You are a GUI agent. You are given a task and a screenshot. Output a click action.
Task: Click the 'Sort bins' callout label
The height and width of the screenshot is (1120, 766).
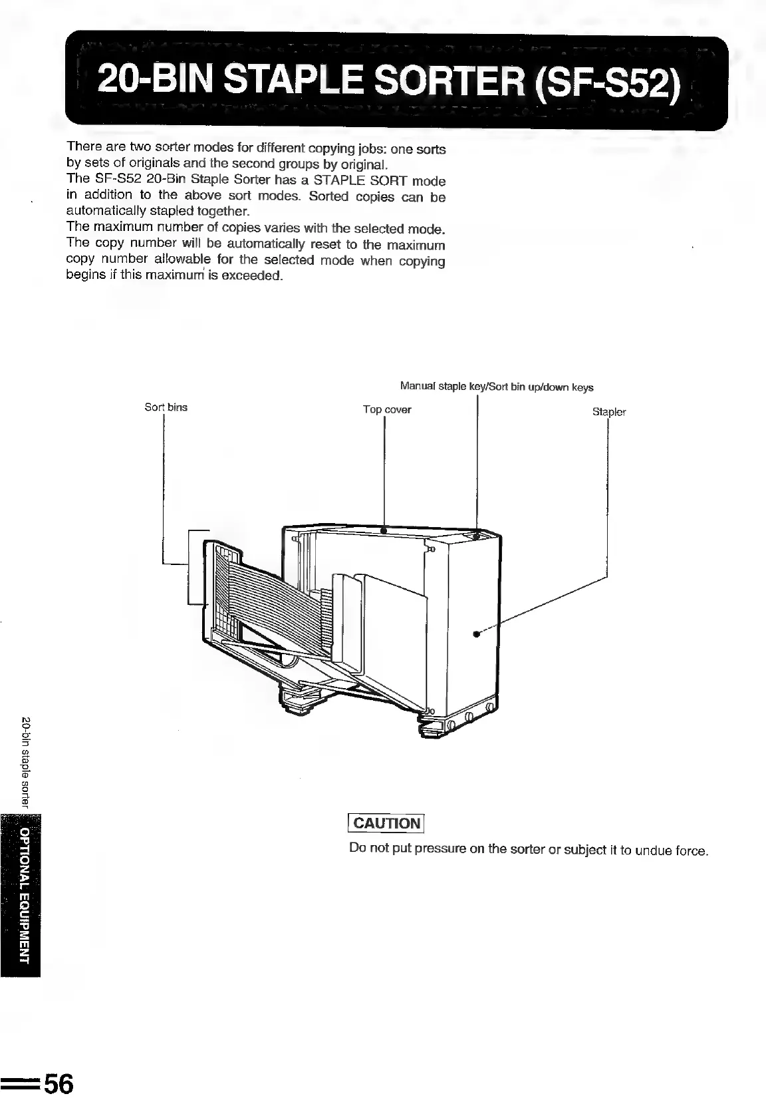tap(166, 407)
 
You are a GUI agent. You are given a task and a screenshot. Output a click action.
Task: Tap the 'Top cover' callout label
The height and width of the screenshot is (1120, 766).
tap(387, 410)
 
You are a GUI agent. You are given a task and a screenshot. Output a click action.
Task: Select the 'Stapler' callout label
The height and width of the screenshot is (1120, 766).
tap(609, 412)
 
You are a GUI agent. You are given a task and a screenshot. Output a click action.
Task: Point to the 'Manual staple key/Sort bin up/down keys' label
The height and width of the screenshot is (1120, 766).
tap(497, 387)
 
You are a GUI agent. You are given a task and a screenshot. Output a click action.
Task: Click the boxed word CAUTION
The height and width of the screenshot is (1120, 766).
tap(387, 823)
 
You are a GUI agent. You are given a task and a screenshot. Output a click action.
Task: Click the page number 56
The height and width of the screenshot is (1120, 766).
tap(57, 1084)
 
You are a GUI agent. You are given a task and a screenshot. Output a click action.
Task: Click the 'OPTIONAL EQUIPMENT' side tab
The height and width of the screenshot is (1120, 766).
tap(25, 896)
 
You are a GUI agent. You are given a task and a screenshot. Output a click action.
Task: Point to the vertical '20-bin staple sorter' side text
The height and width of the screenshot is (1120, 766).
tap(26, 763)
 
